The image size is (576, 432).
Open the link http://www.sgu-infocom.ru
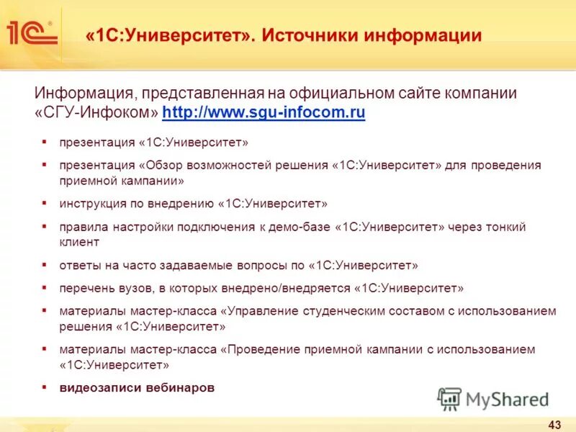[264, 113]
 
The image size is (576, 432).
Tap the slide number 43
[554, 422]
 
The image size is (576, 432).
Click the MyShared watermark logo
[494, 398]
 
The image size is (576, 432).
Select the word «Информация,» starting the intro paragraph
[85, 94]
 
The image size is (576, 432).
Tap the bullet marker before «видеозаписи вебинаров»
[44, 387]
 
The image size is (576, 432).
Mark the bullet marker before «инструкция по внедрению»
[44, 203]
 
